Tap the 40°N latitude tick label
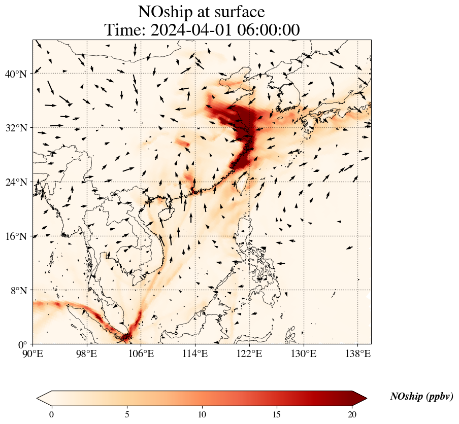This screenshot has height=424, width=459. pyautogui.click(x=15, y=74)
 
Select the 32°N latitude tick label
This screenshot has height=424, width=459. pyautogui.click(x=15, y=128)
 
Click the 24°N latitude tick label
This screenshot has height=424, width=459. pyautogui.click(x=15, y=182)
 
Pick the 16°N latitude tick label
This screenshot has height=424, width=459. pyautogui.click(x=15, y=236)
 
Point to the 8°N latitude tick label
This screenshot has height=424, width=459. pyautogui.click(x=18, y=291)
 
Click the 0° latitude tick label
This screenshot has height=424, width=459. pyautogui.click(x=23, y=344)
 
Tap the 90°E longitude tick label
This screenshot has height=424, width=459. pyautogui.click(x=34, y=354)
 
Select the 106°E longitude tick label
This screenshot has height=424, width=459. pyautogui.click(x=141, y=354)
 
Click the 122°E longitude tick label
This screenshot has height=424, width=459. pyautogui.click(x=249, y=354)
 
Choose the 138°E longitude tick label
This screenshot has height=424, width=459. pyautogui.click(x=357, y=354)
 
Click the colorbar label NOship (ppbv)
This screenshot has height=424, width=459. pyautogui.click(x=421, y=397)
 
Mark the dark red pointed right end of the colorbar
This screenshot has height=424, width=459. pyautogui.click(x=360, y=398)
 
